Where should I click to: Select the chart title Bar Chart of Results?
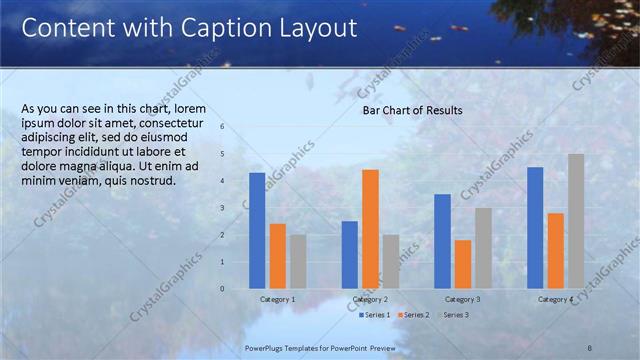click(x=412, y=110)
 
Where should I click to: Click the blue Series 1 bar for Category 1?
click(x=257, y=230)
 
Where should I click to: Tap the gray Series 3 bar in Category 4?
click(x=576, y=221)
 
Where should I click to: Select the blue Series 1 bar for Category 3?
click(x=443, y=241)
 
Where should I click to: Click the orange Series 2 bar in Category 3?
click(x=463, y=264)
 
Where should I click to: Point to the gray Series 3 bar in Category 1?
click(x=298, y=261)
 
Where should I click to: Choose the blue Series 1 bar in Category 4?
click(x=535, y=227)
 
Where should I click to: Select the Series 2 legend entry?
click(x=414, y=315)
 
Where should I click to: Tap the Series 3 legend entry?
click(x=452, y=315)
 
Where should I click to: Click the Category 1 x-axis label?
click(x=277, y=299)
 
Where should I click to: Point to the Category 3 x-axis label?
click(x=463, y=299)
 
